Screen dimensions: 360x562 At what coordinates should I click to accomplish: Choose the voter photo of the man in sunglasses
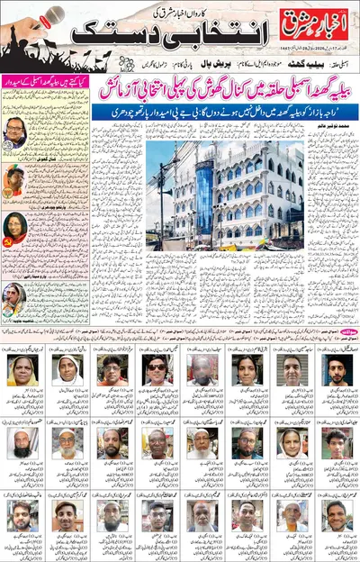click(154, 368)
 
